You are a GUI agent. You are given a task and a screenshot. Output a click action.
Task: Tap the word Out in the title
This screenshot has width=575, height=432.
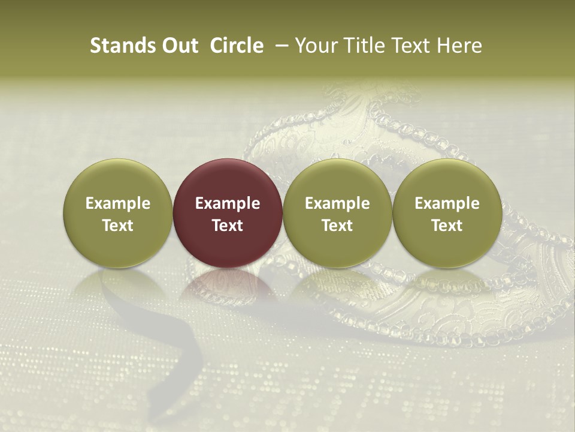[x=178, y=46]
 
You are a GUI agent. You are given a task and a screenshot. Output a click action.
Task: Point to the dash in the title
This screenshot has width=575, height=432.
[x=279, y=46]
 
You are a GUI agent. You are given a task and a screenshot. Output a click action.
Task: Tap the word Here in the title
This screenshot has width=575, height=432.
[x=460, y=46]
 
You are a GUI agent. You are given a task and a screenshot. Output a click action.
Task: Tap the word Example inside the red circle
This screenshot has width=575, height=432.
[x=228, y=203]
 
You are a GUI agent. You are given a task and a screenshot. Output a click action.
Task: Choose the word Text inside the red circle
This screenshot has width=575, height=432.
[x=228, y=226]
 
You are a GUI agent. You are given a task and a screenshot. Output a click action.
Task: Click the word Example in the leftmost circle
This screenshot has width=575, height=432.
[x=118, y=203]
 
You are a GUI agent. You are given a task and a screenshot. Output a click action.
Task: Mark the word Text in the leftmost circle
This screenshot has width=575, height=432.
[x=118, y=226]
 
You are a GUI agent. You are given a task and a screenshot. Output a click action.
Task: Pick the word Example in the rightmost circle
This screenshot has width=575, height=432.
[x=447, y=203]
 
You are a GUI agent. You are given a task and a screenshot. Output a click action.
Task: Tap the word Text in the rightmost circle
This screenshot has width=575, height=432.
[x=447, y=226]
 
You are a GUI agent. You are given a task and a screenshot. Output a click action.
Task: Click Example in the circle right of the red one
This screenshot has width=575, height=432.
[x=337, y=203]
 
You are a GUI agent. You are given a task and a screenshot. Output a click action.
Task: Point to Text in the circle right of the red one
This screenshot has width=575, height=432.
[x=337, y=226]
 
